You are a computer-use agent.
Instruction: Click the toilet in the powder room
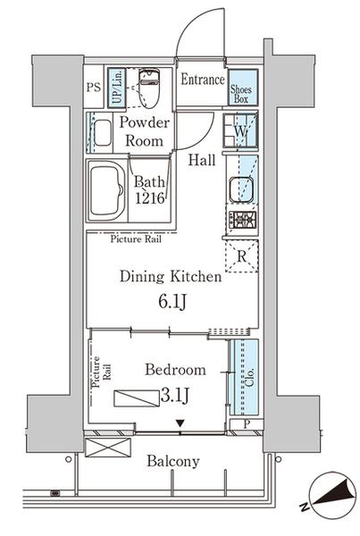(x=150, y=88)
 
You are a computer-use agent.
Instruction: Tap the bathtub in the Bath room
(x=106, y=191)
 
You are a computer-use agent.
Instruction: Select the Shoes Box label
(x=240, y=95)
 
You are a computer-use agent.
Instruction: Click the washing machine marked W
(x=240, y=130)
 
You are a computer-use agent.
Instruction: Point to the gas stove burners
(x=242, y=220)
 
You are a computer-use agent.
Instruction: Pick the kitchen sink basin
(x=241, y=190)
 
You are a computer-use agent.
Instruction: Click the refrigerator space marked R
(x=242, y=256)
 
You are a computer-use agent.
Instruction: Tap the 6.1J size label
(x=172, y=302)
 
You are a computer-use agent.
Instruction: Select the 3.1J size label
(x=174, y=396)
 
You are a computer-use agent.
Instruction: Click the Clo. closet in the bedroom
(x=244, y=377)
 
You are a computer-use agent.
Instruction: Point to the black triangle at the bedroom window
(x=180, y=423)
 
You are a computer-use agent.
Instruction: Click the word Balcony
(x=173, y=462)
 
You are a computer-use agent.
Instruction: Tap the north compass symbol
(x=332, y=491)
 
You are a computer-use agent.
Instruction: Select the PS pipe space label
(x=93, y=88)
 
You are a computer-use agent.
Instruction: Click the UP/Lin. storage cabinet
(x=117, y=88)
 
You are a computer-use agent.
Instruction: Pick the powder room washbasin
(x=103, y=132)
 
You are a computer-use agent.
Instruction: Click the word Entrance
(x=203, y=80)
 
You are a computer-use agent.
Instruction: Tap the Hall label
(x=202, y=160)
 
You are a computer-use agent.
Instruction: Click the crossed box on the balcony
(x=108, y=448)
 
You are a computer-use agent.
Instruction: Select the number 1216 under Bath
(x=150, y=198)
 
